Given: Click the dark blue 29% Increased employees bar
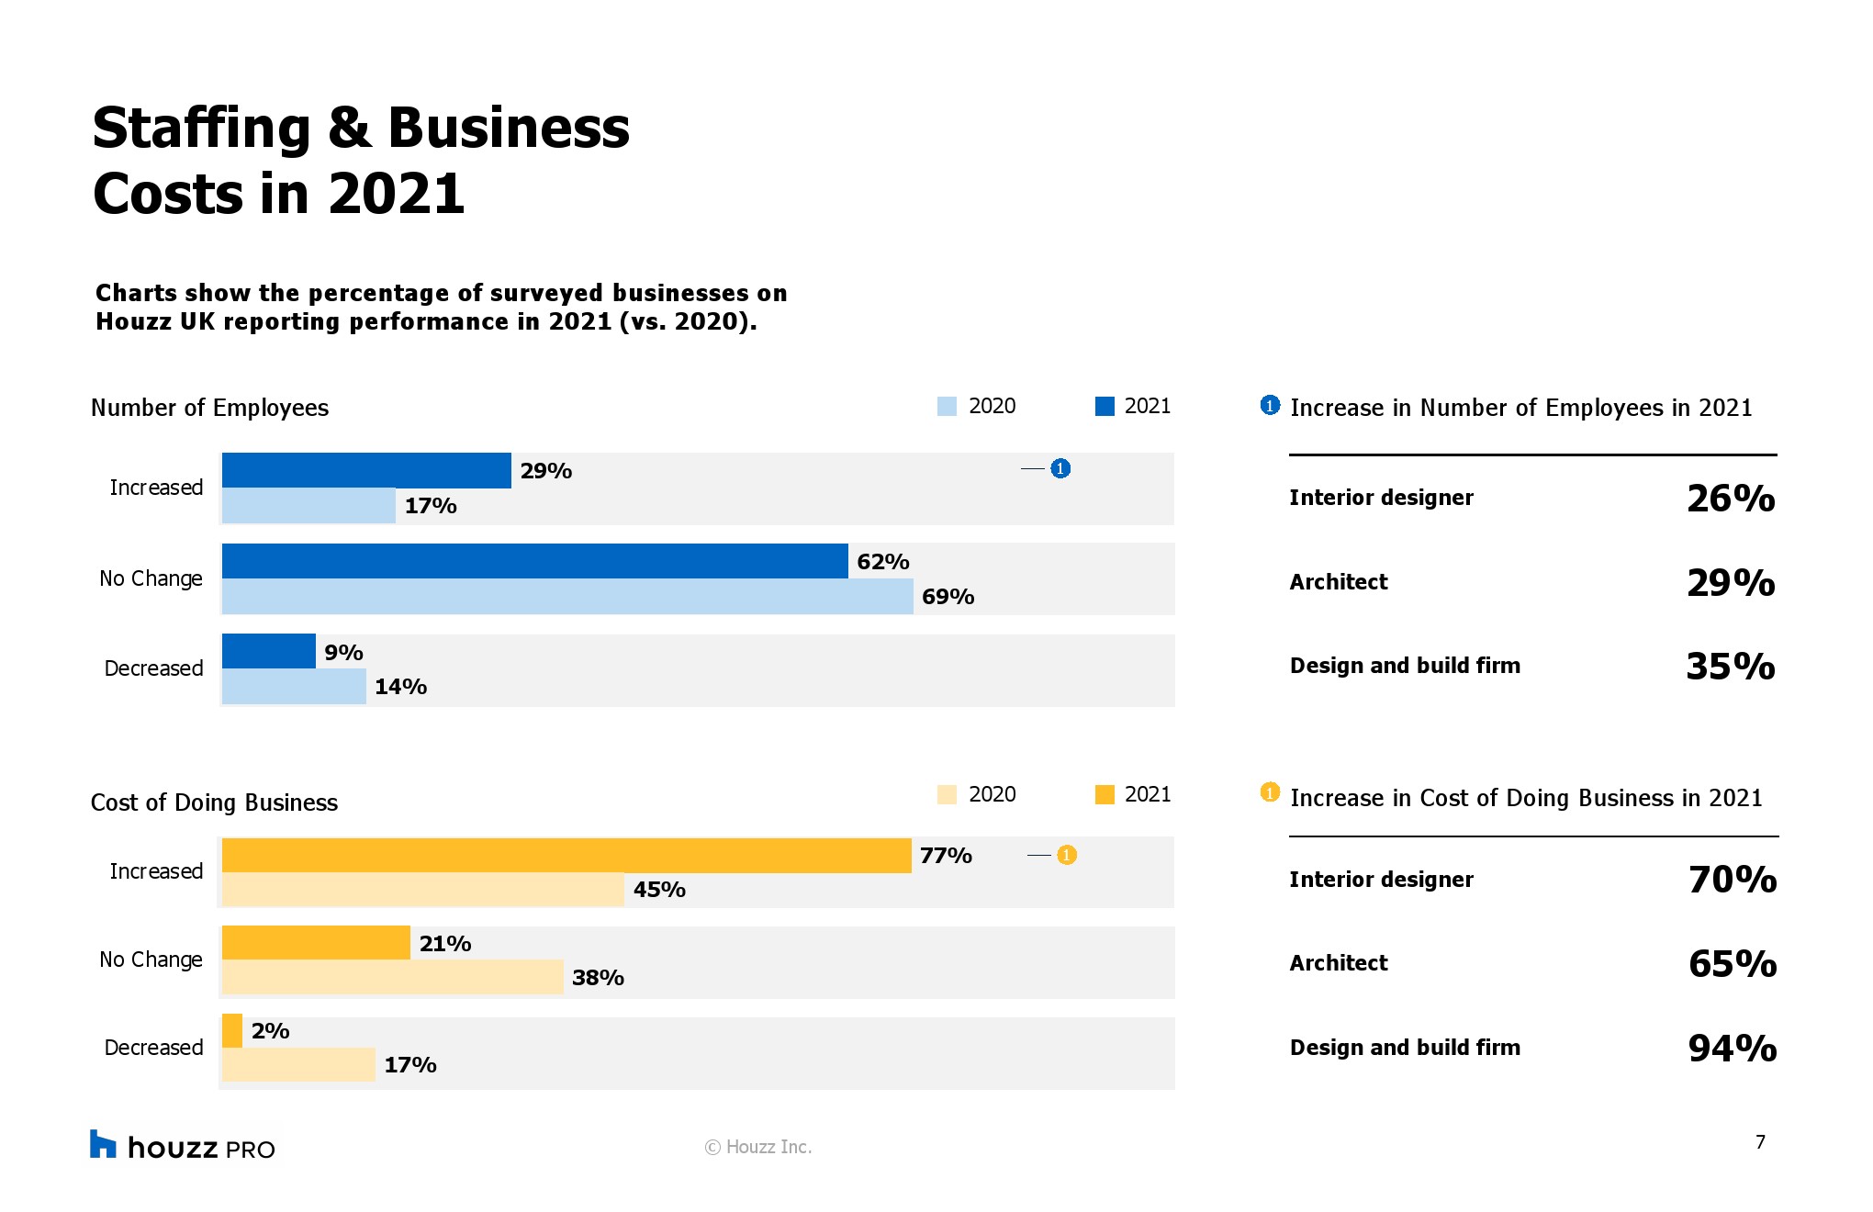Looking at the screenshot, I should coord(365,470).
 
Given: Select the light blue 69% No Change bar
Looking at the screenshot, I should coord(566,597).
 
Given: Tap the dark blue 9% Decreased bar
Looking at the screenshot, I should coord(268,651).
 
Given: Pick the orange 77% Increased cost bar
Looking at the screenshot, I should coord(566,855).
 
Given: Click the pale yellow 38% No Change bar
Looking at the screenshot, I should coord(392,977).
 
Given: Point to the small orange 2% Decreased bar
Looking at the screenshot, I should coord(232,1030).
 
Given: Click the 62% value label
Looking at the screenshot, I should coord(882,561).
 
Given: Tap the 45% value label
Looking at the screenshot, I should coord(659,890).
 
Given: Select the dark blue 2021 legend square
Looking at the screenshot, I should coord(1105,407).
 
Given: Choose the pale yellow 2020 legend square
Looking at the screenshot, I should coord(947,794).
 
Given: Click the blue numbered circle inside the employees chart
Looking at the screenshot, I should coord(1060,468).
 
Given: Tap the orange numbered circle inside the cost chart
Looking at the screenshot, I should coord(1066,855).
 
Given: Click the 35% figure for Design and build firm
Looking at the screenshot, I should coord(1730,667).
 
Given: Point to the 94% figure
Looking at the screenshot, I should coord(1732,1048).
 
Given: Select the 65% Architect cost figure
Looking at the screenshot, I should coord(1732,963).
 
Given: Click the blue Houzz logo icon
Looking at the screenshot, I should coord(103,1144).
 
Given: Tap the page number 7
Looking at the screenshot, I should coord(1760,1142).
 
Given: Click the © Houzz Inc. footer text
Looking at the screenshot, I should coord(758,1147).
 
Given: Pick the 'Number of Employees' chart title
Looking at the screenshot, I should coord(209,408).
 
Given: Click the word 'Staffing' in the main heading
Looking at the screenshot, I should coord(202,128).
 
